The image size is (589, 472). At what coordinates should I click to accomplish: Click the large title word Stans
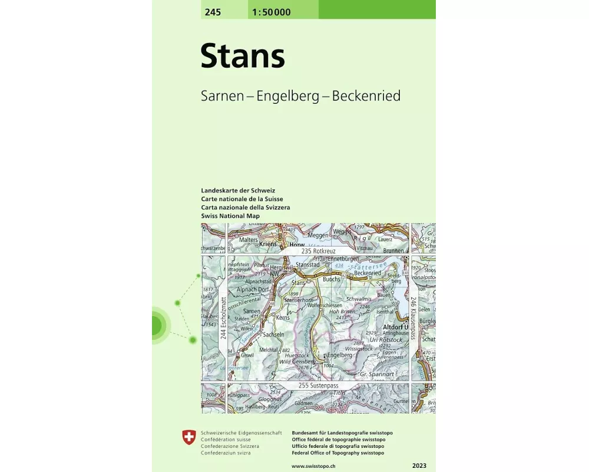tap(243, 57)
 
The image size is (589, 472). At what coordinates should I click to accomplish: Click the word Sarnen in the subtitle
tap(222, 96)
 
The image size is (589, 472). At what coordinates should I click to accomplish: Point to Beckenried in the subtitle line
tap(366, 96)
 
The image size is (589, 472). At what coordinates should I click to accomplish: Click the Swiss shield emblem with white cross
tap(188, 437)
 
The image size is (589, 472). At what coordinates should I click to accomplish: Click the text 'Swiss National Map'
tap(230, 216)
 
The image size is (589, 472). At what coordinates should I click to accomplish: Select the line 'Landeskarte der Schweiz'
tap(238, 191)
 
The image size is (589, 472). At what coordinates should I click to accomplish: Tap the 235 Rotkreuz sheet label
tap(318, 251)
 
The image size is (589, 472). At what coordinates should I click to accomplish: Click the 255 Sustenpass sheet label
tap(319, 385)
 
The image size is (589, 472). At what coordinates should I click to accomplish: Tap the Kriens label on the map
tap(267, 243)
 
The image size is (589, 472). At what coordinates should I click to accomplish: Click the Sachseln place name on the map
tap(273, 334)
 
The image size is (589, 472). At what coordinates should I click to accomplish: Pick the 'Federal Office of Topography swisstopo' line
tap(337, 453)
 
